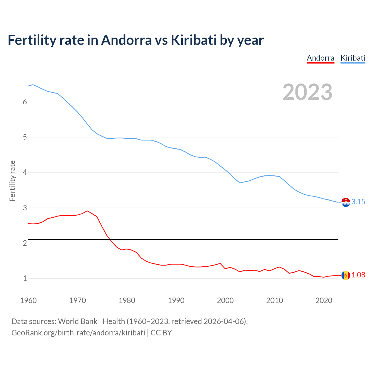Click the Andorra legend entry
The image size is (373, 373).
click(x=320, y=58)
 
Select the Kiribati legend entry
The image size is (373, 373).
click(x=353, y=58)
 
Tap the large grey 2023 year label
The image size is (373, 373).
click(x=307, y=92)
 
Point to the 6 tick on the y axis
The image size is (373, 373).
click(x=25, y=102)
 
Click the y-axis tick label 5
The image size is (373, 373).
click(x=25, y=137)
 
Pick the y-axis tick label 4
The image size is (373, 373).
click(x=25, y=173)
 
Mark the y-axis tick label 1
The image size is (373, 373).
click(x=25, y=278)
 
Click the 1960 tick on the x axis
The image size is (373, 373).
click(x=28, y=300)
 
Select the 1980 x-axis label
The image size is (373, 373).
click(x=127, y=300)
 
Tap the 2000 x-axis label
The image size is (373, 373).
click(x=225, y=300)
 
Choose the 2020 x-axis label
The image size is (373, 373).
click(x=324, y=300)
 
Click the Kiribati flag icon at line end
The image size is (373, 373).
click(x=346, y=202)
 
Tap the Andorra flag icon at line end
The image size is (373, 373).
click(x=346, y=275)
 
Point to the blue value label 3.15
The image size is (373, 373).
click(x=358, y=202)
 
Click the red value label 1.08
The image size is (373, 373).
click(x=358, y=275)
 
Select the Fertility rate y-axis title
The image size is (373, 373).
click(x=12, y=181)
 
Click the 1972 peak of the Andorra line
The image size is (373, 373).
click(x=87, y=211)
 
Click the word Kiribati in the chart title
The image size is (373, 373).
click(x=193, y=40)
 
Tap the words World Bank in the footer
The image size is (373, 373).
click(x=78, y=321)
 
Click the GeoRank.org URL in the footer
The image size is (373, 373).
click(x=78, y=333)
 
